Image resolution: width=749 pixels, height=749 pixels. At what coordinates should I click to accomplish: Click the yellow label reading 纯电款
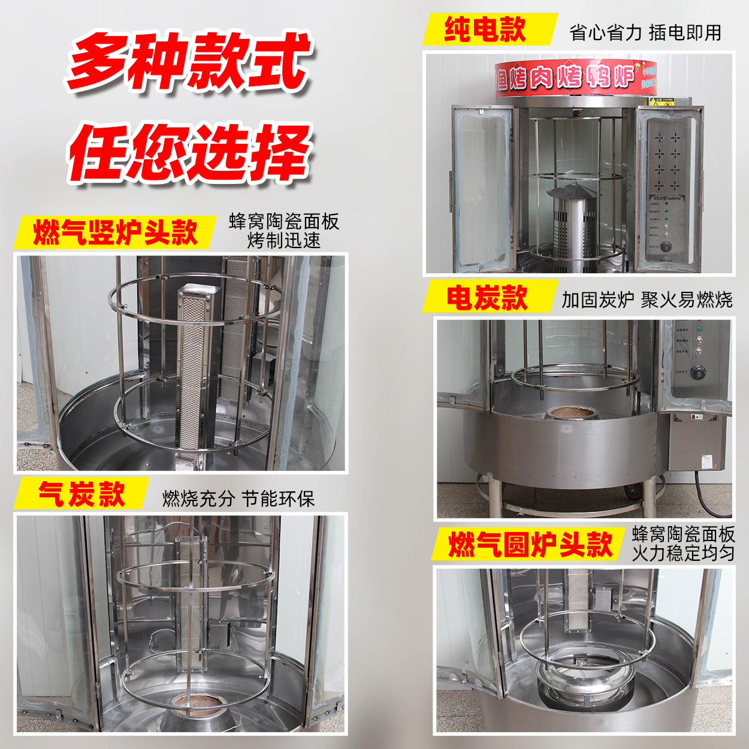coord(485,29)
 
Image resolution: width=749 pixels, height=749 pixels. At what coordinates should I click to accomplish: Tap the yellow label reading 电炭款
coord(487,298)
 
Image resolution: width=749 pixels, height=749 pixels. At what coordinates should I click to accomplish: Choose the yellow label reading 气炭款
coord(81,494)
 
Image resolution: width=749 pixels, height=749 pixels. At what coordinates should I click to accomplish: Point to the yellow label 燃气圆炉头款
coord(530,544)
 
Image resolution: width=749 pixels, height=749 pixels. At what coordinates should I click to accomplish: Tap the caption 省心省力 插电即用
coord(645,32)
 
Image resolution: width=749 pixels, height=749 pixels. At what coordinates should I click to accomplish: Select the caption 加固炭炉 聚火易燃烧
coord(647,300)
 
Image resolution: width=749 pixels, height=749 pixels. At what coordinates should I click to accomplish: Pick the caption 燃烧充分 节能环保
coord(238,499)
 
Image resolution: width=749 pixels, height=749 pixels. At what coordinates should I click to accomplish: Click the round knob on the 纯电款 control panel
coord(665,246)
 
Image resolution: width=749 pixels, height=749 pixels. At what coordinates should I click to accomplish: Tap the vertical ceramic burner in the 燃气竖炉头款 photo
coord(194,372)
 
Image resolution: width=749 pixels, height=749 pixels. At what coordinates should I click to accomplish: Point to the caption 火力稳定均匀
coord(683,552)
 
